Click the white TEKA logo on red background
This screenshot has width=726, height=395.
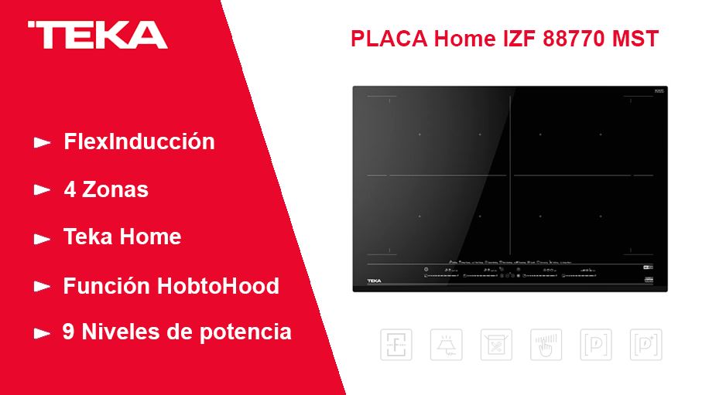tap(97, 35)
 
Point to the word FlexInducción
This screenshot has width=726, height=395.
tap(139, 142)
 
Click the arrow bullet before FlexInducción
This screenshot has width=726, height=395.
tap(42, 143)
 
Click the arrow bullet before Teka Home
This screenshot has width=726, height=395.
tap(42, 239)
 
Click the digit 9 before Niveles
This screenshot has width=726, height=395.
tap(69, 332)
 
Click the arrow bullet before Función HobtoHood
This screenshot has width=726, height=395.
tap(42, 287)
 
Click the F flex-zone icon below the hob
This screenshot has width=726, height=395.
tap(396, 345)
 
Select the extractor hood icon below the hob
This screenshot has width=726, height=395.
tap(446, 345)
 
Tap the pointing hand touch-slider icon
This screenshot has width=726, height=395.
tap(546, 345)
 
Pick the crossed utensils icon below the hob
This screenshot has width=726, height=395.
tap(496, 345)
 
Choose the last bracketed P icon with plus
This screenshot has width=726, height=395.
tap(645, 345)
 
